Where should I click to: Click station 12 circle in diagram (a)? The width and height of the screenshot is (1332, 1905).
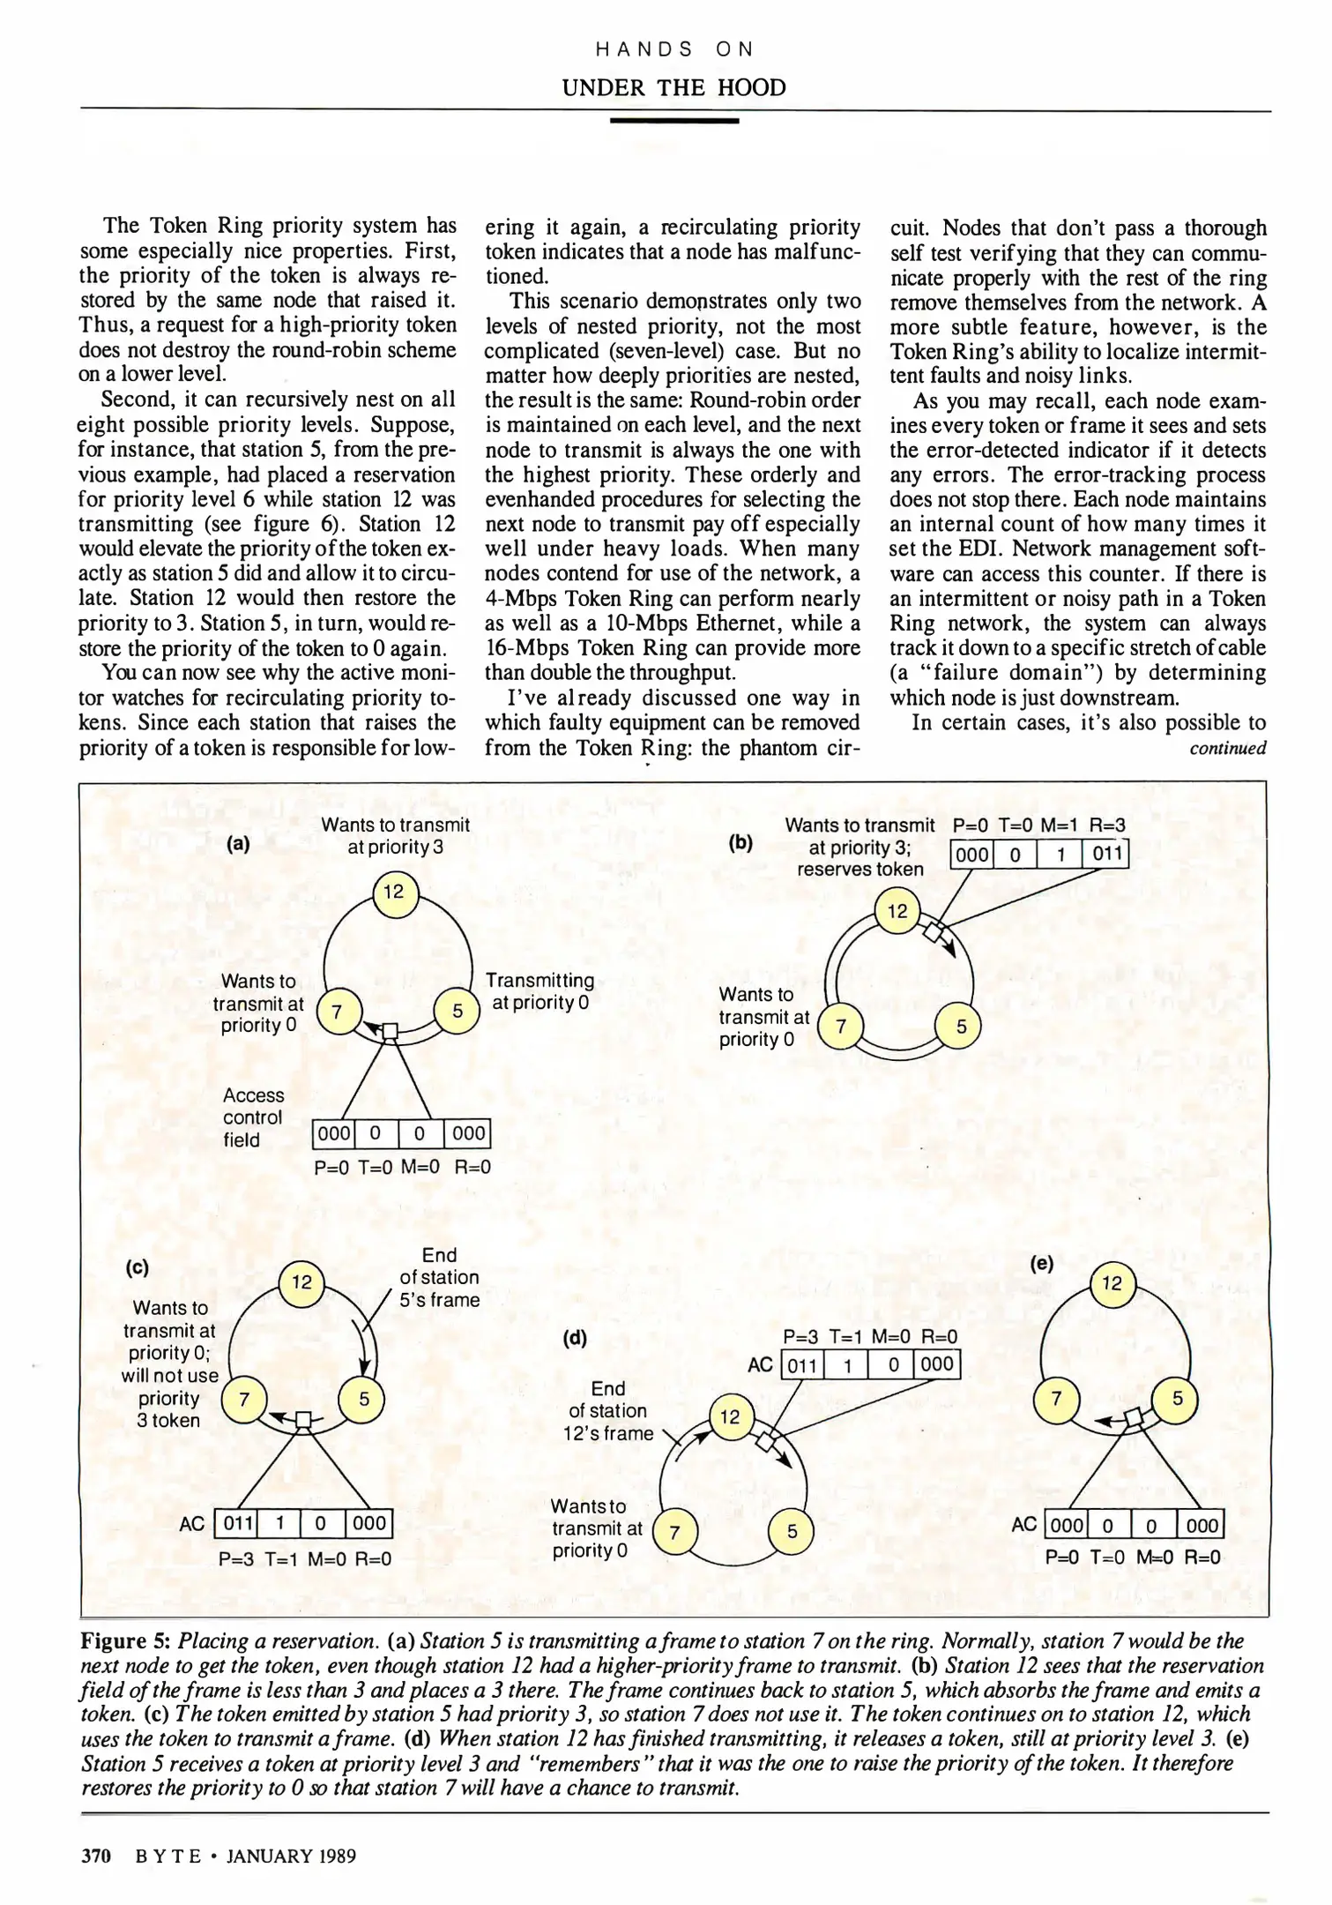(394, 893)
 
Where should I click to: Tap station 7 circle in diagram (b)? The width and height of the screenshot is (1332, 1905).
(842, 1027)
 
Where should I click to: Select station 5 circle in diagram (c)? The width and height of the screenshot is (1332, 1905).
(364, 1399)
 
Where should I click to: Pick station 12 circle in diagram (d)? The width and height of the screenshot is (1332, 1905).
(731, 1416)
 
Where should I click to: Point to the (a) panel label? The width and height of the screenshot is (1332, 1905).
(239, 843)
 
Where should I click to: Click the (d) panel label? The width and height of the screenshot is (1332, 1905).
(575, 1338)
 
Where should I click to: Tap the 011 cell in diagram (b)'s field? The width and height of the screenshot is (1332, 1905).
(1105, 854)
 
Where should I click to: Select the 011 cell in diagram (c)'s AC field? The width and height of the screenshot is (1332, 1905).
(236, 1523)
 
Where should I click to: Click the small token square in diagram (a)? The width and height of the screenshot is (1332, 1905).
(391, 1031)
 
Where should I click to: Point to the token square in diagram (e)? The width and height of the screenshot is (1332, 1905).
(1135, 1417)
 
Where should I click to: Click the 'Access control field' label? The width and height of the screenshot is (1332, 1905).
(254, 1117)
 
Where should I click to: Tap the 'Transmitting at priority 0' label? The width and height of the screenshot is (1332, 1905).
(540, 991)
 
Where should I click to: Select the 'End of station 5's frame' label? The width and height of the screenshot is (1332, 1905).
(440, 1277)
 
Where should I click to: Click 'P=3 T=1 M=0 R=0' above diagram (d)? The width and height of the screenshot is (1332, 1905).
(870, 1337)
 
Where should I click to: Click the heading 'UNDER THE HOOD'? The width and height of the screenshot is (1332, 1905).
(674, 87)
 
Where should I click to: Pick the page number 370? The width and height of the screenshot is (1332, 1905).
(95, 1856)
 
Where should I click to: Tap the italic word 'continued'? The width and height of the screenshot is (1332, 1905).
(1228, 748)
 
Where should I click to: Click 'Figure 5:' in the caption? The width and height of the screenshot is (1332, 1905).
(125, 1640)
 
